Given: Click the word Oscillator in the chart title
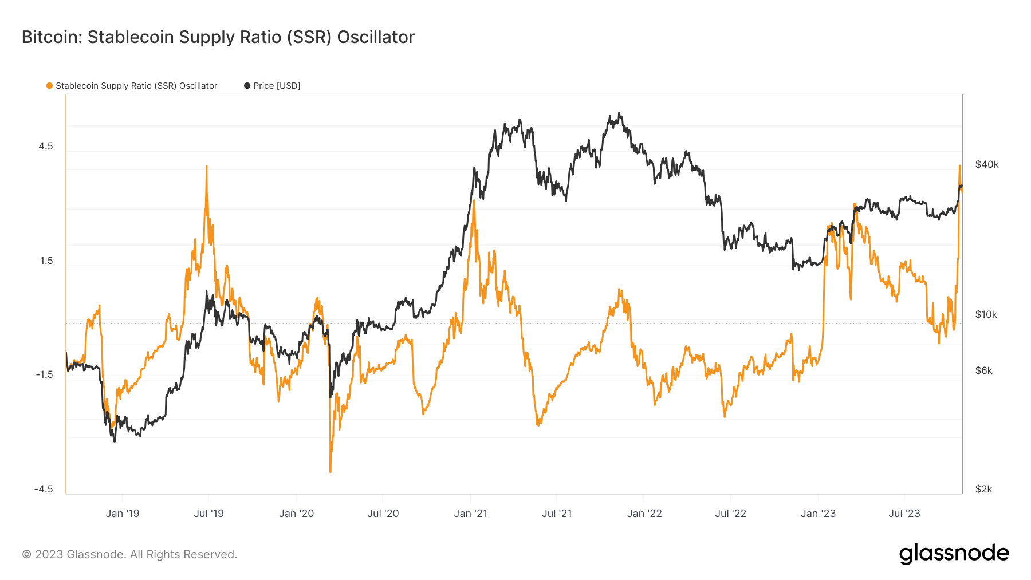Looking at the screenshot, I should [375, 37].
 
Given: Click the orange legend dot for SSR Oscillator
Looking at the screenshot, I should [49, 86].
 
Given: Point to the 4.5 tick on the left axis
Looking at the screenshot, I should [46, 146].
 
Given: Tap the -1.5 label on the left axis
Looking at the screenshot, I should [44, 374].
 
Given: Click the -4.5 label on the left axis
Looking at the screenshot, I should [44, 489].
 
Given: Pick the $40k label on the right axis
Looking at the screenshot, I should [986, 165].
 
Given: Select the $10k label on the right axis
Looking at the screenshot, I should [986, 314].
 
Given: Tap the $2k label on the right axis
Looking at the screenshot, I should [983, 489].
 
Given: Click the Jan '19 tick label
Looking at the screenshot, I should [123, 514].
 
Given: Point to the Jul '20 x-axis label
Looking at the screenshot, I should [383, 514].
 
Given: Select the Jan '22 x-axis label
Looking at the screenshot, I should [644, 514].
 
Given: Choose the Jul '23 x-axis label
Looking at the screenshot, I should [904, 514].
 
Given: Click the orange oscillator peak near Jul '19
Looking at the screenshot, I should [206, 167].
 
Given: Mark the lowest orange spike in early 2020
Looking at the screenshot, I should [330, 471].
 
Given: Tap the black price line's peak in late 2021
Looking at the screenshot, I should [620, 114].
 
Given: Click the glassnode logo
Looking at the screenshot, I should [954, 554].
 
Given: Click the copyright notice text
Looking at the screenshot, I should [129, 554].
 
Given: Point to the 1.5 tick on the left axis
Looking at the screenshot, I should [46, 261].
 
